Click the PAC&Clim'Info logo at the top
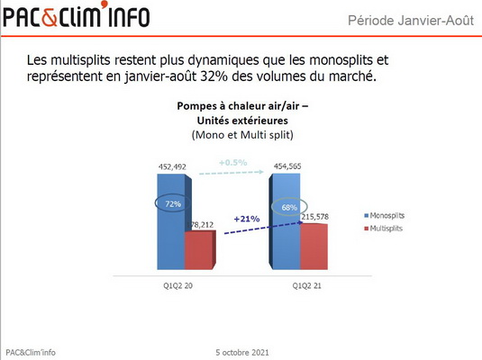[77, 14]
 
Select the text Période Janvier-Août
[411, 21]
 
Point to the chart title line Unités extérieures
[242, 121]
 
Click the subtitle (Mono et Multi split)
[242, 135]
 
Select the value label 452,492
[172, 166]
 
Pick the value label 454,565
[287, 166]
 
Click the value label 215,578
[314, 217]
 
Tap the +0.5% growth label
[233, 162]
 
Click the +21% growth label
[247, 219]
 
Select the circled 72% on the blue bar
[173, 203]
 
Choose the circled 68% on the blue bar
[289, 207]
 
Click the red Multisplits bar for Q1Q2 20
[200, 250]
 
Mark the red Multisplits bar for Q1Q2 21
[314, 247]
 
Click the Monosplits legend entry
[384, 215]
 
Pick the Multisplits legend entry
[383, 229]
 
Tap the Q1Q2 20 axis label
[177, 285]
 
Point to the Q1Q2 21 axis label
[306, 285]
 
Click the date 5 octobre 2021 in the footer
[242, 352]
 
